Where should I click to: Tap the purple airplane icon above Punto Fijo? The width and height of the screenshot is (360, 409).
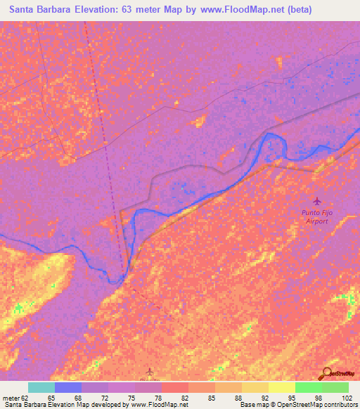tap(316, 202)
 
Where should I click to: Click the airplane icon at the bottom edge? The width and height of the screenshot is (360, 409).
tap(148, 370)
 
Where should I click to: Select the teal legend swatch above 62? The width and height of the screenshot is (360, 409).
tap(41, 387)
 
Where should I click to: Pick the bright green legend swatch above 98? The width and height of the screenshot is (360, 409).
tap(309, 387)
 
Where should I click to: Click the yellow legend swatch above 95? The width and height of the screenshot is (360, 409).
tap(282, 387)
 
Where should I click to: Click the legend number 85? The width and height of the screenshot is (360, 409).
tap(211, 398)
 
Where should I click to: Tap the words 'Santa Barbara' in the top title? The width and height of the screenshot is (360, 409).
tap(42, 10)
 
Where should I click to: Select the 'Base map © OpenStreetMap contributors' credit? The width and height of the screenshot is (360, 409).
tap(298, 405)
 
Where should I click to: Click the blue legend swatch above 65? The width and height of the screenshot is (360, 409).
tap(68, 387)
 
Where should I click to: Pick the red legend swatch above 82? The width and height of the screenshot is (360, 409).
tap(175, 387)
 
